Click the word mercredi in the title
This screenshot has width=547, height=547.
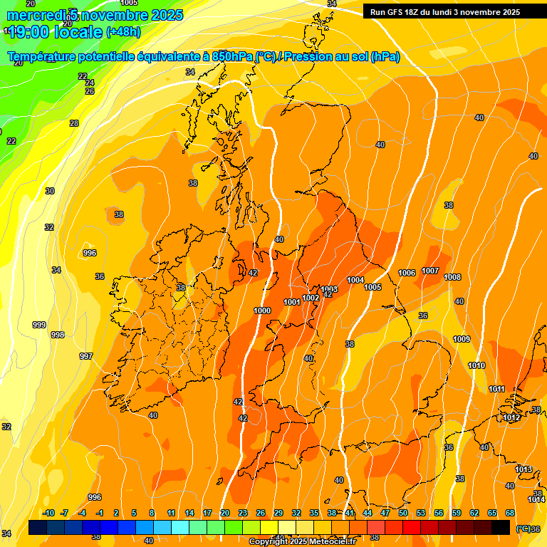pyautogui.click(x=37, y=15)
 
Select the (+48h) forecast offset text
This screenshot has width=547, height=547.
pyautogui.click(x=123, y=32)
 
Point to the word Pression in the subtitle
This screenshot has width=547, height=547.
pyautogui.click(x=308, y=57)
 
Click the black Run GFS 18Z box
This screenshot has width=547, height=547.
pyautogui.click(x=445, y=11)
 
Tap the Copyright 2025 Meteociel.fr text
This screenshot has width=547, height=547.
pyautogui.click(x=302, y=542)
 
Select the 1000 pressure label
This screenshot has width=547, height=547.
pyautogui.click(x=262, y=311)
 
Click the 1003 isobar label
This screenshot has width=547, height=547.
pyautogui.click(x=329, y=288)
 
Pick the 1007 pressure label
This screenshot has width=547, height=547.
pyautogui.click(x=430, y=271)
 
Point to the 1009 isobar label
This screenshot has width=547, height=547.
pyautogui.click(x=462, y=339)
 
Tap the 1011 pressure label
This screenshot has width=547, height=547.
pyautogui.click(x=497, y=389)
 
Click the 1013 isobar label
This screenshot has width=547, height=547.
pyautogui.click(x=523, y=469)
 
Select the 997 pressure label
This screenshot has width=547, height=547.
pyautogui.click(x=85, y=356)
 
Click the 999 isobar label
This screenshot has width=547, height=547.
pyautogui.click(x=39, y=325)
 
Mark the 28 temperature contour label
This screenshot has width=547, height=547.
pyautogui.click(x=74, y=123)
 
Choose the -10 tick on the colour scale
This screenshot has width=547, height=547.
pyautogui.click(x=48, y=513)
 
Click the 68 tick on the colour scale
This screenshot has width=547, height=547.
pyautogui.click(x=510, y=513)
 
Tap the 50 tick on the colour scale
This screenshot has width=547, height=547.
pyautogui.click(x=403, y=513)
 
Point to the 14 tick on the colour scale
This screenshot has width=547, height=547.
pyautogui.click(x=189, y=513)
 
